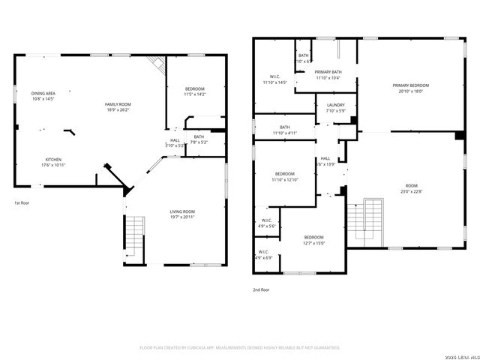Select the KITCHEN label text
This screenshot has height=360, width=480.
(x=53, y=160)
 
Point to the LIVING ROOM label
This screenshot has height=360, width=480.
(x=182, y=212)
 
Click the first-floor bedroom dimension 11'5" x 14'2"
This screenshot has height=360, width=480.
(x=194, y=94)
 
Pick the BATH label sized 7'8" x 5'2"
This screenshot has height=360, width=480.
(x=198, y=136)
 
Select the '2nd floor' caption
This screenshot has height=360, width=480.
(x=261, y=289)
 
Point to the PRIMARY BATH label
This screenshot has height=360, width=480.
(x=328, y=72)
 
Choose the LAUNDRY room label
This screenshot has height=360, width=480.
(x=335, y=105)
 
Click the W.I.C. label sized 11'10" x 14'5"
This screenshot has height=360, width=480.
(x=274, y=76)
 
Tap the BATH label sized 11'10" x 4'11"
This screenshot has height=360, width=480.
(x=285, y=127)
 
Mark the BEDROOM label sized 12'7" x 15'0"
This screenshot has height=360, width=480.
(x=313, y=236)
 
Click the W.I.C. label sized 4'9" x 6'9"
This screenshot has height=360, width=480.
(x=263, y=252)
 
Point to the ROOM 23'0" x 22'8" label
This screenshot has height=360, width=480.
(x=411, y=185)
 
